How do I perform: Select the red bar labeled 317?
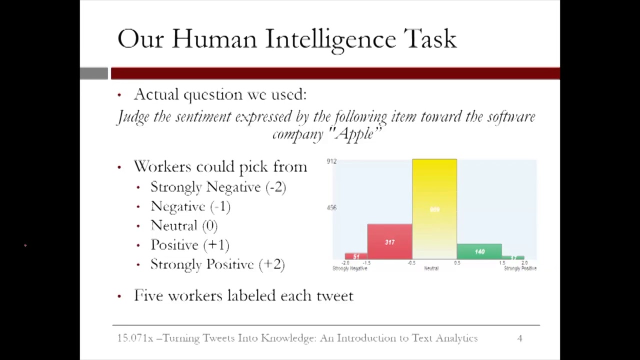389,242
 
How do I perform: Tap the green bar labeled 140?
479,251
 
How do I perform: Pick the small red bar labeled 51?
356,256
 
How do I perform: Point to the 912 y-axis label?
331,161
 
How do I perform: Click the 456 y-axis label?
331,207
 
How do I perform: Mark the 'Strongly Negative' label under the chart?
350,268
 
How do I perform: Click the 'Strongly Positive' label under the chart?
520,268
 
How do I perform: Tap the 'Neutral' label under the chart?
431,268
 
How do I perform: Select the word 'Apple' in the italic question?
355,134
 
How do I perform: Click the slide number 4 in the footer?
519,338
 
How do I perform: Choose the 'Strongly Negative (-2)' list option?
218,187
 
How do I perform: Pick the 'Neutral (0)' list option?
184,225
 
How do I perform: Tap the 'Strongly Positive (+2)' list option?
217,264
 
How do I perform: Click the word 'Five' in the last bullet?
148,295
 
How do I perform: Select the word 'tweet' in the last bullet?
334,295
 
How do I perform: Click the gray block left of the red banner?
94,73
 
